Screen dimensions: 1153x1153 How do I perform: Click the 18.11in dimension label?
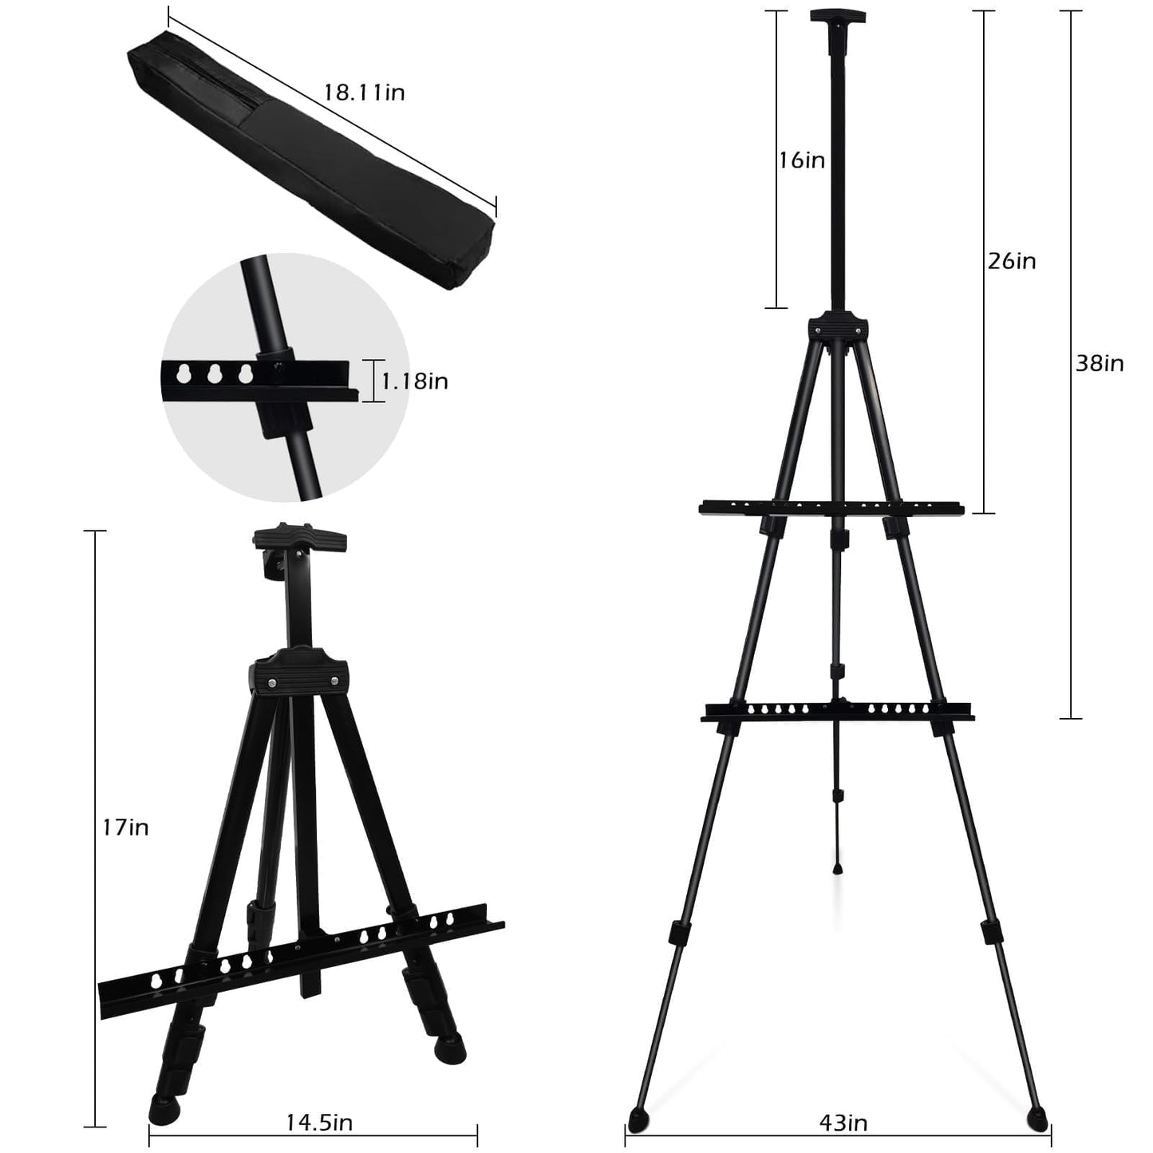tap(364, 93)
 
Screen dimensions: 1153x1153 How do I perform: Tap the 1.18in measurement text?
tap(414, 381)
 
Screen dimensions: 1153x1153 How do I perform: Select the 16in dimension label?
tap(802, 160)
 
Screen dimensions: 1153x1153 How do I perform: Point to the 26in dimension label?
tap(1012, 261)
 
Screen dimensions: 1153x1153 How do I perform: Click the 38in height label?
tap(1100, 364)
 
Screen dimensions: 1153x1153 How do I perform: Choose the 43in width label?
tap(843, 1123)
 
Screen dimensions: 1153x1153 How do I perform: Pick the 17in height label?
tap(126, 827)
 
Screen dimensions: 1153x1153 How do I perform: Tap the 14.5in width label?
tap(319, 1123)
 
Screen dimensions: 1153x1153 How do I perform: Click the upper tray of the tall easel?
tap(831, 507)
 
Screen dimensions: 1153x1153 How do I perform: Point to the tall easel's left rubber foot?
tap(638, 1117)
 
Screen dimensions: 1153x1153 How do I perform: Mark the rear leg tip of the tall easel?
tap(838, 867)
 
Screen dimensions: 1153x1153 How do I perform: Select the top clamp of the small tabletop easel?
tap(300, 538)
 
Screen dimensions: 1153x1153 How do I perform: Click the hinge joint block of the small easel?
tap(302, 675)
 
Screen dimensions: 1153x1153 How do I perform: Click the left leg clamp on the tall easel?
tap(678, 932)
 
